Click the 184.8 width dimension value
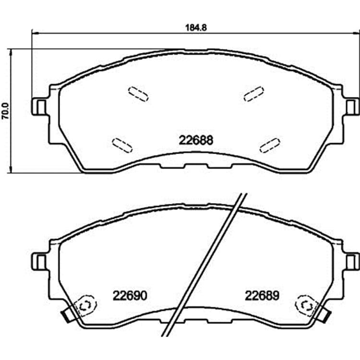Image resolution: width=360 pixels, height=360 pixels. click(x=196, y=27)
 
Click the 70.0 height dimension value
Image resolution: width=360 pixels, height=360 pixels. click(x=5, y=111)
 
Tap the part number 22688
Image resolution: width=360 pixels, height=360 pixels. click(x=196, y=140)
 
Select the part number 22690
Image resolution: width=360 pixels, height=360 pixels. click(x=130, y=296)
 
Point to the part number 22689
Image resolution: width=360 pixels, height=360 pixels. click(x=262, y=296)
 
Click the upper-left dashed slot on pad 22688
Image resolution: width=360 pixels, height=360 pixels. click(x=138, y=94)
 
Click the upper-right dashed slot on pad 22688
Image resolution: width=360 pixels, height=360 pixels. click(x=254, y=94)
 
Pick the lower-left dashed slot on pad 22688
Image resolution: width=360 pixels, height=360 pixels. click(x=122, y=145)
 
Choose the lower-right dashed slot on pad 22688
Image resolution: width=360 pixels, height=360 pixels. click(x=270, y=145)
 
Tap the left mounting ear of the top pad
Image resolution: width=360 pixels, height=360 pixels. click(x=39, y=107)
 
